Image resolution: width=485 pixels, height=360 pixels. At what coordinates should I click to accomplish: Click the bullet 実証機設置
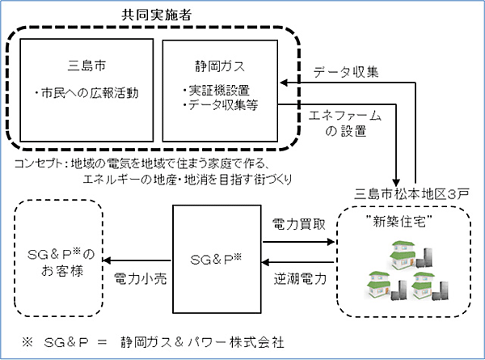pos(217,91)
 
